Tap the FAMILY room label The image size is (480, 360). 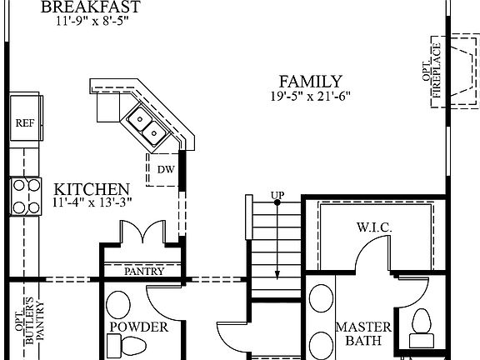(310, 82)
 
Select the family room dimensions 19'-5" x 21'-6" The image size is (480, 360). (309, 96)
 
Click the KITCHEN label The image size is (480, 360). (92, 189)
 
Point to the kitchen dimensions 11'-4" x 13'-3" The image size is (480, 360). (92, 202)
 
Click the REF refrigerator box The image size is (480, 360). (24, 122)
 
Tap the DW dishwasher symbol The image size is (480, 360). (166, 169)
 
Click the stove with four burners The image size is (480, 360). (26, 197)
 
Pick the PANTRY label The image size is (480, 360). (143, 272)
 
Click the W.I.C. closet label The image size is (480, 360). (374, 227)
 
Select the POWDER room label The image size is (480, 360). (138, 327)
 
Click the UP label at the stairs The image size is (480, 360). (277, 196)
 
